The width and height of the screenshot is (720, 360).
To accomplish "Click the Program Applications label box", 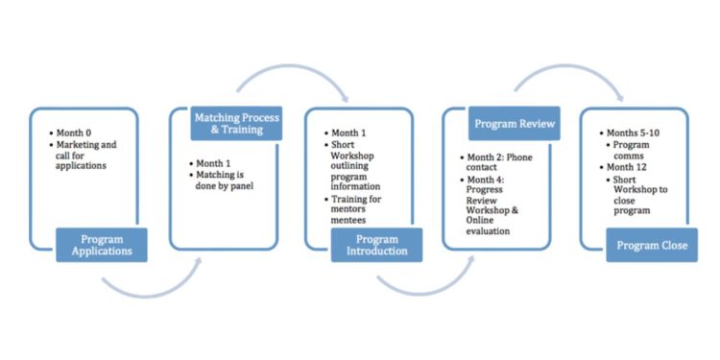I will (x=102, y=245).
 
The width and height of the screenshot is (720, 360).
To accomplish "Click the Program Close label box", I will (x=652, y=245).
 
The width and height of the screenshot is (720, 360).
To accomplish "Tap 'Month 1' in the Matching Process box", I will (x=218, y=164).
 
